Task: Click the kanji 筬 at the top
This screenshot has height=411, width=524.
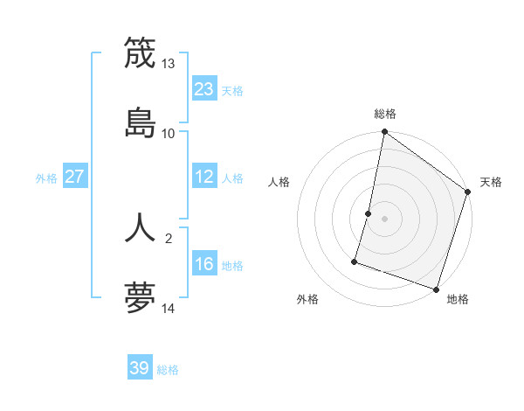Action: (140, 52)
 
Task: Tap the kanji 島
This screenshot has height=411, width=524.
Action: (140, 122)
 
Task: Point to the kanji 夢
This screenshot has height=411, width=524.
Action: (140, 298)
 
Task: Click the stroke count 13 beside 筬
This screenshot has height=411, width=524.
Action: (169, 64)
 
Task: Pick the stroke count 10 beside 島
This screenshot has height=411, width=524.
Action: (169, 133)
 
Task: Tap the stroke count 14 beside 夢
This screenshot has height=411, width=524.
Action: (169, 309)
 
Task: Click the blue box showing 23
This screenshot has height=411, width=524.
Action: (204, 88)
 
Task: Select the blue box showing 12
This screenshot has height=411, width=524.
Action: (204, 177)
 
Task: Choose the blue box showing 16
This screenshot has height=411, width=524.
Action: (204, 264)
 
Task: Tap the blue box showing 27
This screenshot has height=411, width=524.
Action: (74, 177)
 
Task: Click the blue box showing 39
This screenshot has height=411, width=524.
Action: (140, 368)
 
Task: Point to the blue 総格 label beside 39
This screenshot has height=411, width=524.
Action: (169, 370)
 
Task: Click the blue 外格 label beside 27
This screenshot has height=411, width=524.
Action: (46, 178)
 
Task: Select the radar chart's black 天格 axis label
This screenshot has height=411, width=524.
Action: (491, 182)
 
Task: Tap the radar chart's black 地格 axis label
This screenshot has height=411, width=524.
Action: (458, 299)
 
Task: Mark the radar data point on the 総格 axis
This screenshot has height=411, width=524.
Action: (384, 133)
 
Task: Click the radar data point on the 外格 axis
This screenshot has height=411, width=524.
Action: (355, 261)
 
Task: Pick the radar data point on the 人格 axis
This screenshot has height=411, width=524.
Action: (369, 213)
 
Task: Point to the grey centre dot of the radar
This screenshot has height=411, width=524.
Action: (384, 218)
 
